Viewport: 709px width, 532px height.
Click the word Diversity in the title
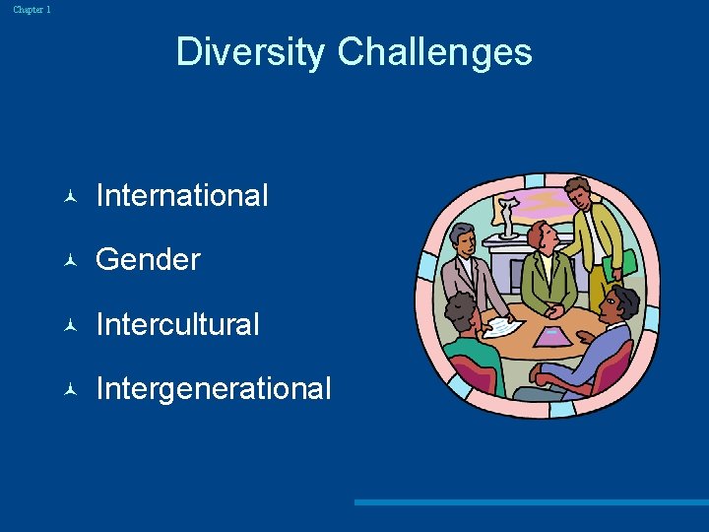click(252, 51)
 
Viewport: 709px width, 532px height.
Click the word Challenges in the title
click(434, 51)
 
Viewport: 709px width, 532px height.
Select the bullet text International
click(182, 196)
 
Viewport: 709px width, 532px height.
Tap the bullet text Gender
click(148, 260)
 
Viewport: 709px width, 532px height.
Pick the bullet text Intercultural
click(177, 324)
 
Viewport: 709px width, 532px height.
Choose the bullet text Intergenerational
click(214, 388)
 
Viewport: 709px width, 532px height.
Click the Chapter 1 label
click(32, 10)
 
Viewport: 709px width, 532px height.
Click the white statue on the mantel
click(507, 217)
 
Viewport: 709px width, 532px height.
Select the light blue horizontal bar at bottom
click(532, 502)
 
